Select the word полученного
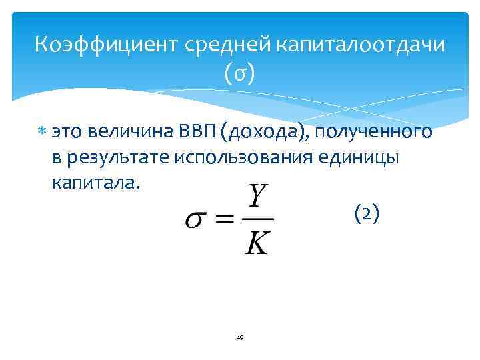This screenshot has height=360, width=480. pos(374,132)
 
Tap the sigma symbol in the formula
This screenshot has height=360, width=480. pos(198,220)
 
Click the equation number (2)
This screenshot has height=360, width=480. pos(367,213)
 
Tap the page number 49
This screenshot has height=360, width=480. pos(240,338)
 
